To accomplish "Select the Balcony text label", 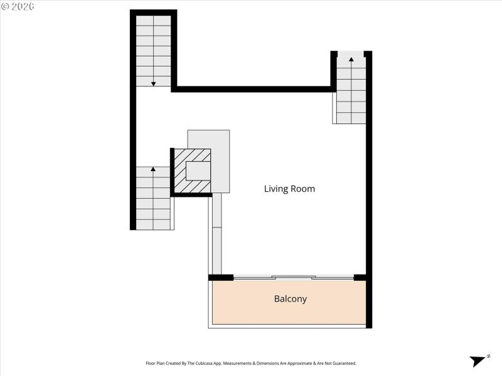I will click(291, 299).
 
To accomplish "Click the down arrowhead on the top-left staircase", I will click(153, 83).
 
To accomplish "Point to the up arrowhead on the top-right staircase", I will click(351, 60).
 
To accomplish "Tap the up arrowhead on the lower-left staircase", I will click(153, 169).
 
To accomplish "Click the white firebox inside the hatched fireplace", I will click(198, 170).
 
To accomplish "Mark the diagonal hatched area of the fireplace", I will click(181, 182).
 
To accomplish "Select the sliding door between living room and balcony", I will click(293, 277).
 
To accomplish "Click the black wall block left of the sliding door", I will click(221, 277).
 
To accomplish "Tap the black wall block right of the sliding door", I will click(360, 277).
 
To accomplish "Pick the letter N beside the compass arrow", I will click(488, 357).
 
